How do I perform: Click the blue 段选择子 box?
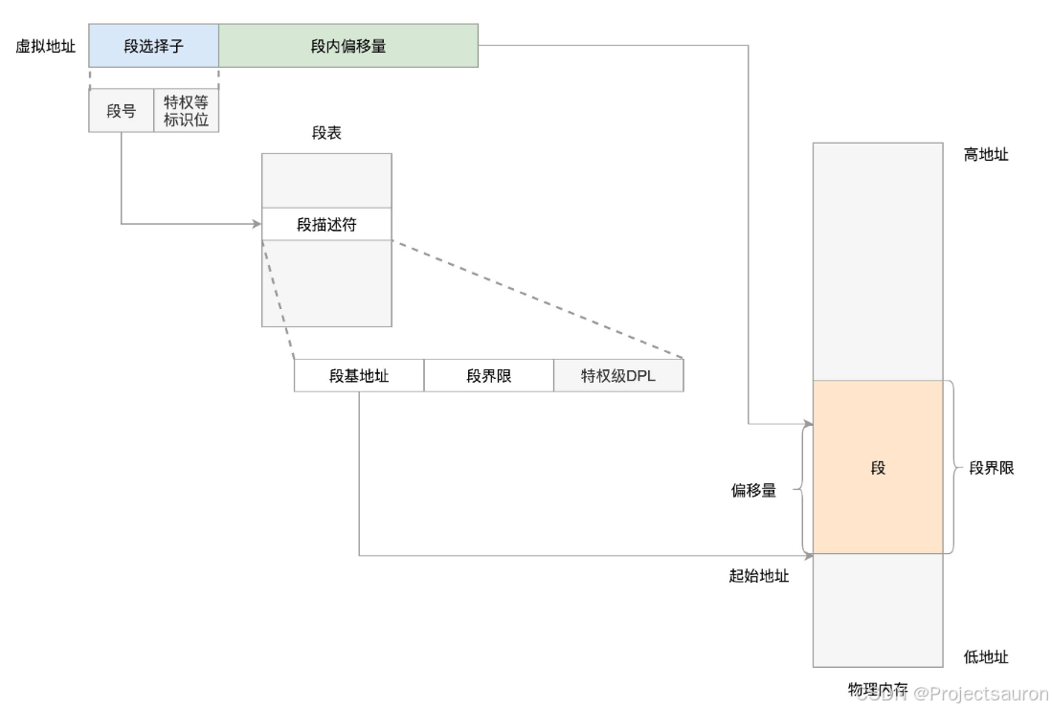[153, 46]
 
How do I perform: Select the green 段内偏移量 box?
[348, 46]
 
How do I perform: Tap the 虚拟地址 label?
[45, 46]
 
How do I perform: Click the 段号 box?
[122, 111]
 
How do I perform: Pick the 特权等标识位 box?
[186, 111]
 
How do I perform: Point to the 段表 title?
[326, 134]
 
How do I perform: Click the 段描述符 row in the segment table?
[326, 224]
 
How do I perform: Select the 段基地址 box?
[359, 376]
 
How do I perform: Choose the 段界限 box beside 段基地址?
[489, 376]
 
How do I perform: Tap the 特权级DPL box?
[618, 376]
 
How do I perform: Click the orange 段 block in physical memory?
[878, 468]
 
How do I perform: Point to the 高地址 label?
[986, 154]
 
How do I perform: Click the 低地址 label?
[986, 657]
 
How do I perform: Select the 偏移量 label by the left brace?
[753, 491]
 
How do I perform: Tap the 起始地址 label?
[759, 576]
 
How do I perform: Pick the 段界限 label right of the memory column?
[992, 468]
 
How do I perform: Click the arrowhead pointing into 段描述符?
[257, 224]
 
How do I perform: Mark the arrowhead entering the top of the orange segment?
[807, 425]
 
